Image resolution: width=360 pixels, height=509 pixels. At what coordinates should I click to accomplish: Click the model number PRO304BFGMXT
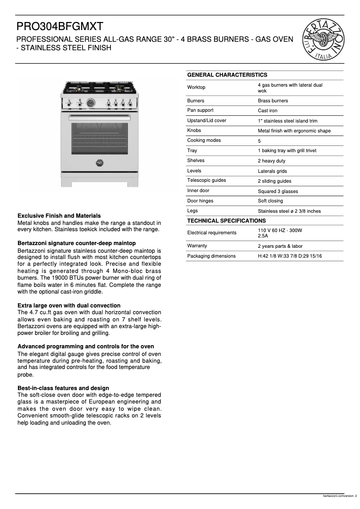point(60,27)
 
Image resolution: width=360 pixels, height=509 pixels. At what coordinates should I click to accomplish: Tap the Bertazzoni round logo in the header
point(324,39)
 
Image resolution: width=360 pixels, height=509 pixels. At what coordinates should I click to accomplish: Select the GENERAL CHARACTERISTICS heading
point(227,75)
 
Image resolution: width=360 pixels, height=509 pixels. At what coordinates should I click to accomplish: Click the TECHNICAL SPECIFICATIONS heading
point(226,221)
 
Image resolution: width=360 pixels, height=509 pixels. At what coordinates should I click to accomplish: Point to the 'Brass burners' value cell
point(273,101)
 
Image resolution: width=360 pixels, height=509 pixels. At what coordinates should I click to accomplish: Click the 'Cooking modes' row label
point(204,140)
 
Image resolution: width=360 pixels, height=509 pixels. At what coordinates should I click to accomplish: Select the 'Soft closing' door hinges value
point(270,201)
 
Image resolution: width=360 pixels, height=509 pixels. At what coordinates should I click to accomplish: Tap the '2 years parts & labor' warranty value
point(280,246)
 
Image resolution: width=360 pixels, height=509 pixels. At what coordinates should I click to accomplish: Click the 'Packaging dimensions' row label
point(211,256)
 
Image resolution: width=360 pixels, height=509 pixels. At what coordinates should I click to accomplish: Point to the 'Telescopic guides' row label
point(206,180)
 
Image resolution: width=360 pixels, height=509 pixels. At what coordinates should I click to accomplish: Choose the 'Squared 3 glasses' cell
point(278,191)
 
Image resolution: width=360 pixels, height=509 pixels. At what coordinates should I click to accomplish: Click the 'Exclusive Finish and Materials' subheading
point(59,216)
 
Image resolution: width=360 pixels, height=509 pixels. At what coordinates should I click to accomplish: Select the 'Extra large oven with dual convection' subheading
point(69,306)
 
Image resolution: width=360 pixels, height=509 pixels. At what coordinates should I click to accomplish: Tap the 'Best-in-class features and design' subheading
point(63,388)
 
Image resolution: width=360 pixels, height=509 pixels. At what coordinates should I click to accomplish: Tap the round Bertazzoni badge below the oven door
point(99,163)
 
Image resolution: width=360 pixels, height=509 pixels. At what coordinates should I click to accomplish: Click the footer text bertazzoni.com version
point(340,496)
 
